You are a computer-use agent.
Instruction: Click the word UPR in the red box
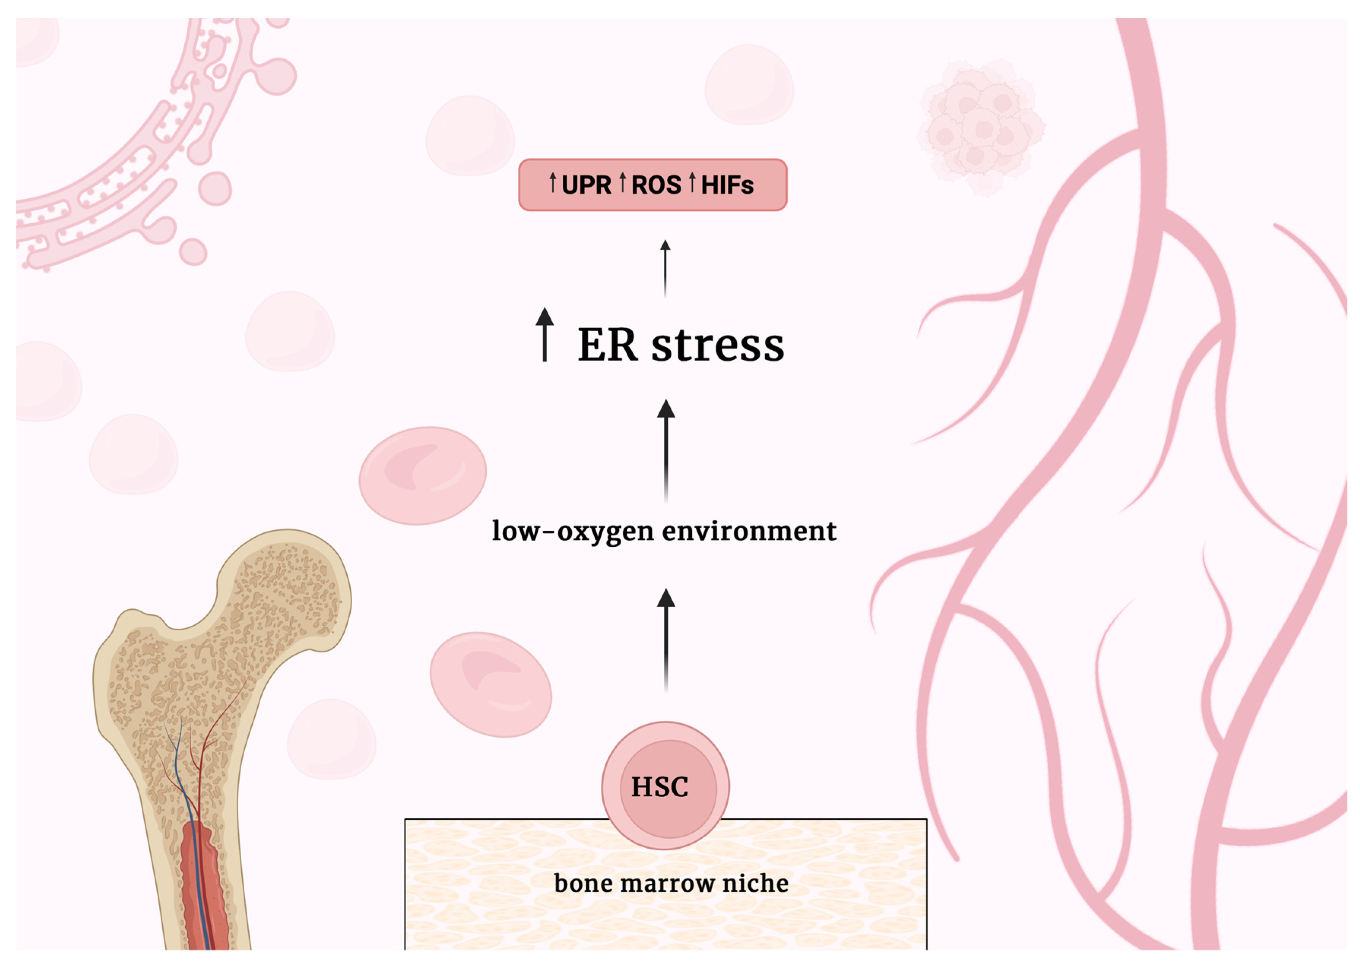[x=586, y=185]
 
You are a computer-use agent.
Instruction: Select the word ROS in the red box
[x=656, y=185]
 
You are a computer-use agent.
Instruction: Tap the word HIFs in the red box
[x=727, y=185]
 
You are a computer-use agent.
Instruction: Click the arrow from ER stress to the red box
[x=665, y=268]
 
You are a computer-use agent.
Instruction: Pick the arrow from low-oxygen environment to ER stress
[x=666, y=450]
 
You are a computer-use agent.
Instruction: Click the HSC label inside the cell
[x=659, y=787]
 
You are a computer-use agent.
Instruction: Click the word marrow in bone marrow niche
[x=667, y=883]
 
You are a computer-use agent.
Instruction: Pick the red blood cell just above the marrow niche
[x=490, y=684]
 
